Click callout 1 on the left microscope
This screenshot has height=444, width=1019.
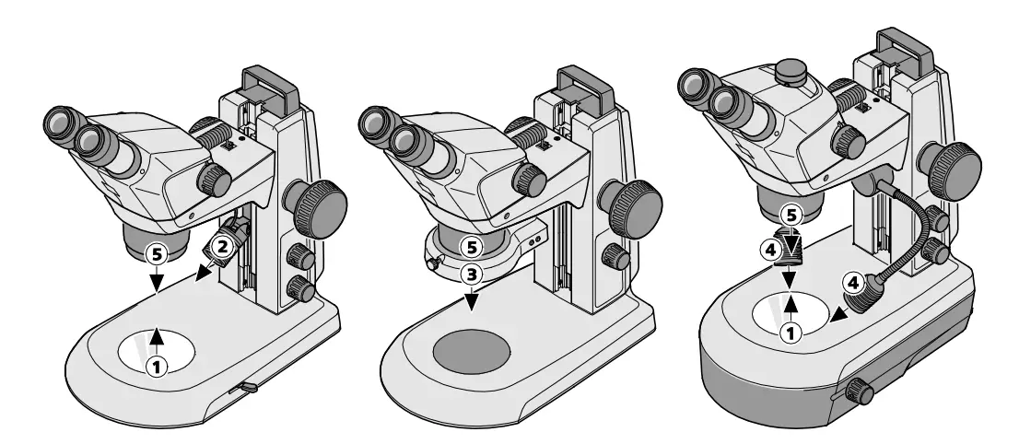[x=158, y=366]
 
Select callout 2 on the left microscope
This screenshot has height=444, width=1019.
[x=221, y=246]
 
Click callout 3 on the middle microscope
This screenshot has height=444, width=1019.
[x=471, y=274]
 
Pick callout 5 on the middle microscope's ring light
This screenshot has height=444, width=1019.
[x=471, y=247]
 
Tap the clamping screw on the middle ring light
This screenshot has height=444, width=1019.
[x=429, y=267]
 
